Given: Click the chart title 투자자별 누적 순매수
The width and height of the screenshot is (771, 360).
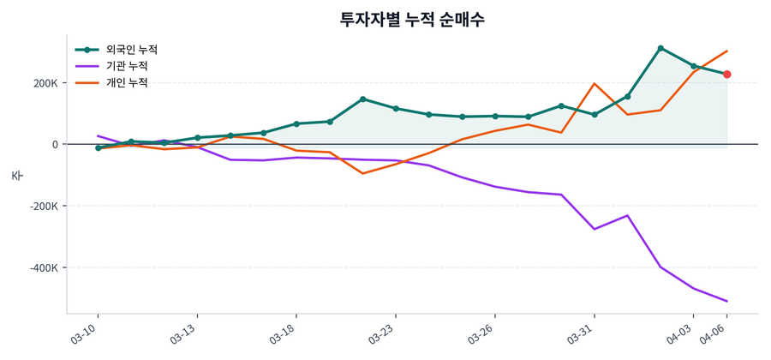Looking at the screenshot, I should coord(412,20).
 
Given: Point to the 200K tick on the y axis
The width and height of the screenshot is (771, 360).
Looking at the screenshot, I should coord(45,83).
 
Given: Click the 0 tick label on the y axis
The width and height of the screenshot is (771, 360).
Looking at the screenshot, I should coord(54,145).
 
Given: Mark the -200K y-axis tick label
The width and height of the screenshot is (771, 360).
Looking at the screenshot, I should coord(44,207).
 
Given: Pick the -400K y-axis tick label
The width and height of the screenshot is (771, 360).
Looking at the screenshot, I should coord(44,268).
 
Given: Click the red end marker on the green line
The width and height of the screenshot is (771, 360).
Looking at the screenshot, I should coord(726,75).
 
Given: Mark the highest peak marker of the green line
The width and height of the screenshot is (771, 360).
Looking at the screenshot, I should coord(660,48).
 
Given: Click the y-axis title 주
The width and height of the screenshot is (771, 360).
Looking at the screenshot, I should coord(16,175).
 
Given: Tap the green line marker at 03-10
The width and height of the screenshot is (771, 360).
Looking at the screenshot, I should coord(99,148).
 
